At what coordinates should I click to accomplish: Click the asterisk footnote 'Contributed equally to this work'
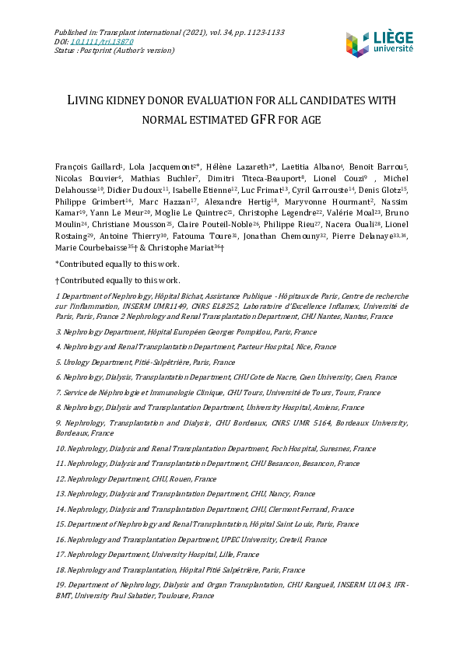click(118, 264)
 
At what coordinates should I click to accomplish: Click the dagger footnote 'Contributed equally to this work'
click(118, 280)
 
